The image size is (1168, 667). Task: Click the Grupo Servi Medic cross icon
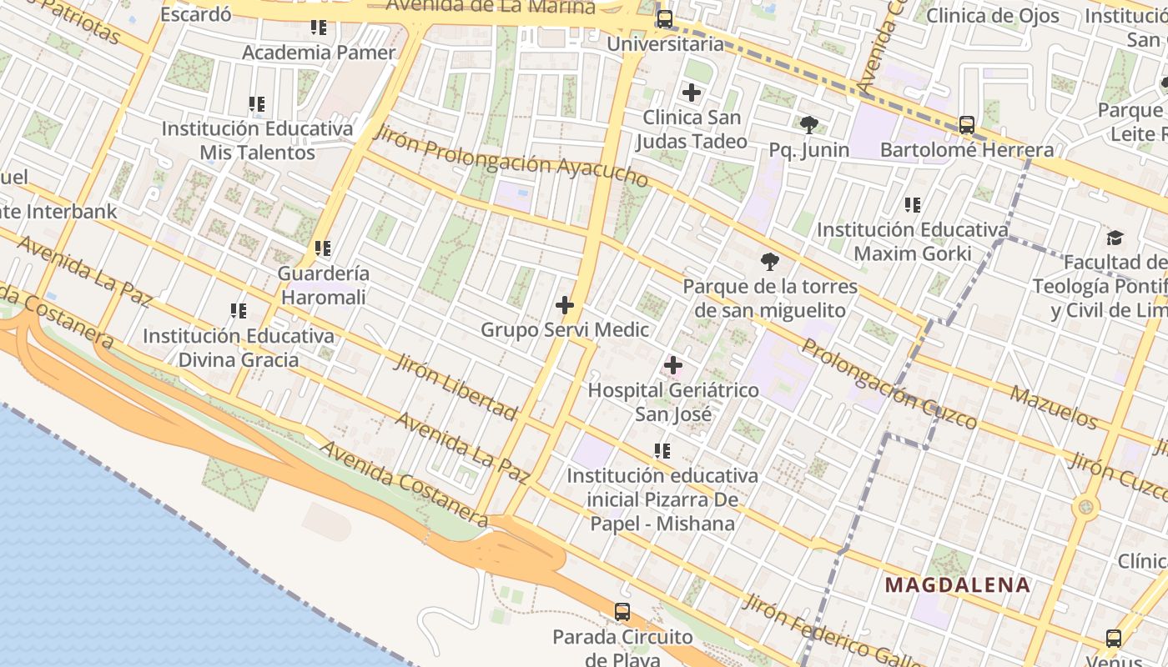click(x=565, y=305)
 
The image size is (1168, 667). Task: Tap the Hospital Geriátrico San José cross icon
click(x=673, y=365)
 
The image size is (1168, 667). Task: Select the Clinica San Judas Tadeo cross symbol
click(x=692, y=93)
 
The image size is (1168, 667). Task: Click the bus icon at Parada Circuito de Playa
click(x=622, y=612)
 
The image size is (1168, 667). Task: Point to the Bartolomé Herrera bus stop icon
click(x=967, y=125)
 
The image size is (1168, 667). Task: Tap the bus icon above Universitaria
click(x=665, y=18)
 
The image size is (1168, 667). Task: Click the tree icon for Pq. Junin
click(x=808, y=125)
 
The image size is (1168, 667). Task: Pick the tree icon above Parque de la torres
click(x=770, y=262)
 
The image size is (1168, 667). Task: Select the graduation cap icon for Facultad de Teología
click(x=1115, y=238)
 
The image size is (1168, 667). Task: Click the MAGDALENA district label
click(x=958, y=584)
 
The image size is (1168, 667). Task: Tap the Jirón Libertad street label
click(x=456, y=386)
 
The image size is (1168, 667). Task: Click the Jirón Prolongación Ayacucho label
click(x=511, y=156)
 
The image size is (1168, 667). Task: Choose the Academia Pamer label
click(x=319, y=53)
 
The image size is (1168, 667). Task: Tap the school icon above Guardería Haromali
click(x=323, y=248)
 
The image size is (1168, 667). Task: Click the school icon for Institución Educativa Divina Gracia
click(x=239, y=311)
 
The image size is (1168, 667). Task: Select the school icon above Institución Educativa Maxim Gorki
click(x=913, y=204)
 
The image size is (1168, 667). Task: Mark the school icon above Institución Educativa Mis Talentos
click(x=257, y=104)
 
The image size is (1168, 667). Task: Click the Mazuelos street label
click(x=1055, y=406)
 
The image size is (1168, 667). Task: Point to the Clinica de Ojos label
click(x=993, y=15)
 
